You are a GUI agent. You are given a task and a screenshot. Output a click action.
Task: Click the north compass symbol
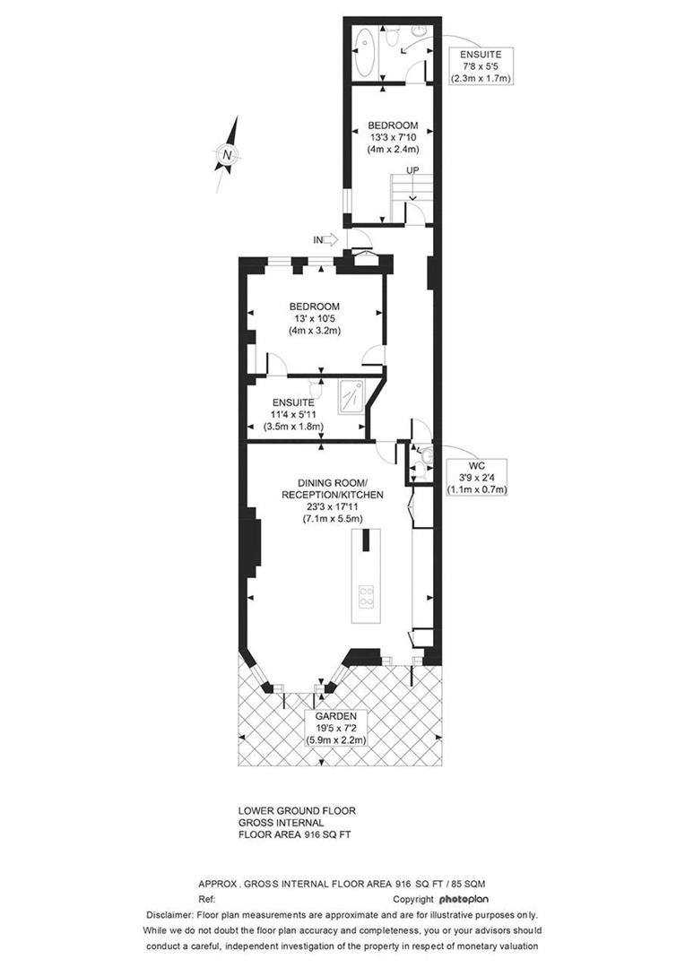pyautogui.click(x=228, y=155)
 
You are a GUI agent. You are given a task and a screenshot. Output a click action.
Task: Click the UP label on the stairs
pyautogui.click(x=412, y=170)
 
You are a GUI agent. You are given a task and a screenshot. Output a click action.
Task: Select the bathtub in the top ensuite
pyautogui.click(x=367, y=55)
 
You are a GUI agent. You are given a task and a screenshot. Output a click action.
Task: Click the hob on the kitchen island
pyautogui.click(x=367, y=596)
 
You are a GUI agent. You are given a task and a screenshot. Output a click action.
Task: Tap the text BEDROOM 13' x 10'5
pyautogui.click(x=315, y=318)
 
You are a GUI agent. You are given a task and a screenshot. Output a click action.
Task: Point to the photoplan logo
pyautogui.click(x=464, y=898)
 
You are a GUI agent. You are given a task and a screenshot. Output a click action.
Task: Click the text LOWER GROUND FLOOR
pyautogui.click(x=297, y=810)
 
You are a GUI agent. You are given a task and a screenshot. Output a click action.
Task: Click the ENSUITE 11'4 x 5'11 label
pyautogui.click(x=293, y=415)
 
